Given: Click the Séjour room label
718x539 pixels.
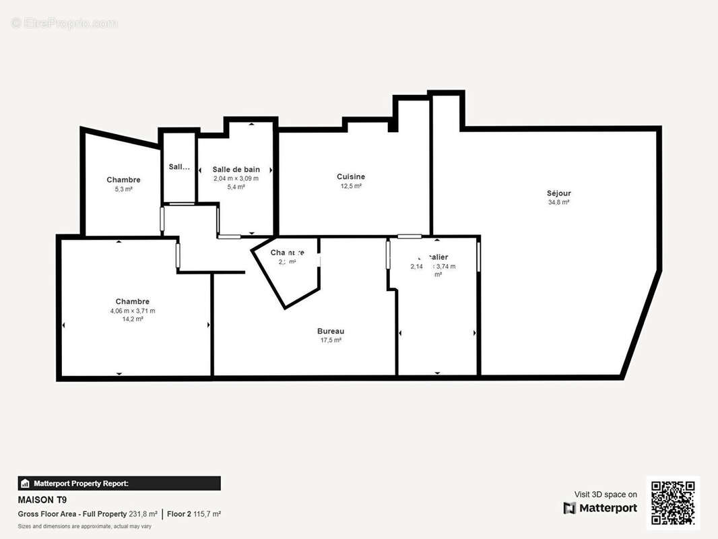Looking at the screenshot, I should pyautogui.click(x=559, y=193).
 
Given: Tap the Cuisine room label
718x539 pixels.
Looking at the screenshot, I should pyautogui.click(x=351, y=177).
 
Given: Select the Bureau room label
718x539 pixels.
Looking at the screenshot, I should pyautogui.click(x=331, y=331).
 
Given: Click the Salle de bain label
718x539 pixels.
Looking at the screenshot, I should pyautogui.click(x=236, y=169).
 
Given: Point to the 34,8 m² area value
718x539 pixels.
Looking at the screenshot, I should pyautogui.click(x=559, y=202).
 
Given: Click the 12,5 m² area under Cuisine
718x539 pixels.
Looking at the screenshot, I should pyautogui.click(x=351, y=186).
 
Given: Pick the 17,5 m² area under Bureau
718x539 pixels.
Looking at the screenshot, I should pyautogui.click(x=331, y=340).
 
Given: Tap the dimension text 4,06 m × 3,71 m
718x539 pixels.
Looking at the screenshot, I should pyautogui.click(x=133, y=311).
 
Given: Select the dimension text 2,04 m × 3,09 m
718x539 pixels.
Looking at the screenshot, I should pyautogui.click(x=236, y=178).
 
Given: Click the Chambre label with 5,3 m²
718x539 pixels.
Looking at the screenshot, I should pyautogui.click(x=123, y=180).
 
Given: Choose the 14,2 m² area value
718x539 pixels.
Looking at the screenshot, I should pyautogui.click(x=133, y=319).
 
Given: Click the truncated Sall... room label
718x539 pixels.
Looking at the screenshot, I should pyautogui.click(x=179, y=167).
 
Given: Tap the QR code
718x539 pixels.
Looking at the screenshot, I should pyautogui.click(x=673, y=503).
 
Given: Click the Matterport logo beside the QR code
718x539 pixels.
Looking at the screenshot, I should pyautogui.click(x=600, y=508).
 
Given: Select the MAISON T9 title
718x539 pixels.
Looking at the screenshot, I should pyautogui.click(x=42, y=500).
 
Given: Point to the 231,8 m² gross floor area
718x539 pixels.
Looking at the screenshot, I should pyautogui.click(x=143, y=514).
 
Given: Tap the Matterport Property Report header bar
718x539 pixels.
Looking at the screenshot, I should pyautogui.click(x=119, y=483).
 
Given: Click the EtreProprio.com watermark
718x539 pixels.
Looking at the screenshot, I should pyautogui.click(x=64, y=24).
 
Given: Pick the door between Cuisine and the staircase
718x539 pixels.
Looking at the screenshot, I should pyautogui.click(x=410, y=236).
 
